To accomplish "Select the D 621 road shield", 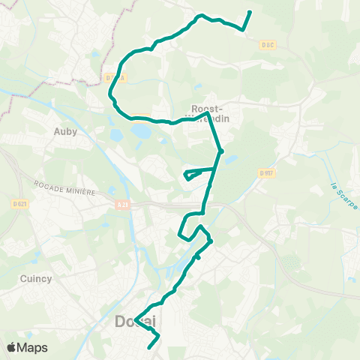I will click(x=20, y=202).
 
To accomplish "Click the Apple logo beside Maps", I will click(x=12, y=347).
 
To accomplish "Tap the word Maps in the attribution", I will click(x=33, y=347).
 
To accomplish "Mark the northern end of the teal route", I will click(x=250, y=12).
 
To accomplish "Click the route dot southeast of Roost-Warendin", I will click(x=220, y=151).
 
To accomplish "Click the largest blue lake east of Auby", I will click(x=139, y=131).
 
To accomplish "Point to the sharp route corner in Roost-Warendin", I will click(x=208, y=114).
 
